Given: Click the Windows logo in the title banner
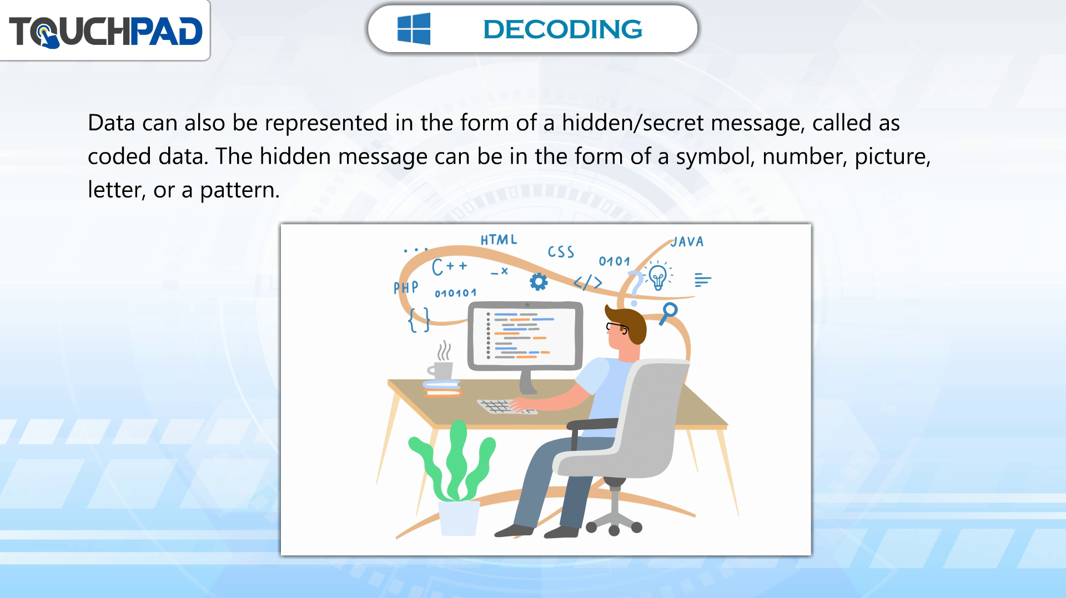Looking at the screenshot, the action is pyautogui.click(x=414, y=28).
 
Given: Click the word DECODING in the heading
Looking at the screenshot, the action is pyautogui.click(x=562, y=29).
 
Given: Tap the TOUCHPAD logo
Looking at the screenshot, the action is pyautogui.click(x=105, y=31).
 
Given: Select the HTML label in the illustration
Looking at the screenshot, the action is pyautogui.click(x=499, y=240).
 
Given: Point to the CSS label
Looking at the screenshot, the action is pyautogui.click(x=561, y=252).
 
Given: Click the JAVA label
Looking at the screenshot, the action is pyautogui.click(x=687, y=241).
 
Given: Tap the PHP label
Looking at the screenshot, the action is pyautogui.click(x=406, y=287).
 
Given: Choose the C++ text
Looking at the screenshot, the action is pyautogui.click(x=449, y=267).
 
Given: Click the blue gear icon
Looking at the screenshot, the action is pyautogui.click(x=538, y=282).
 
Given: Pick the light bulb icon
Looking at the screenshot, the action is pyautogui.click(x=658, y=276).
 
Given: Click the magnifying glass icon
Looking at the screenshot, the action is pyautogui.click(x=668, y=313).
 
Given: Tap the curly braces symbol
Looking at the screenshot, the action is pyautogui.click(x=419, y=320).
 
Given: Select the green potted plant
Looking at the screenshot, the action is pyautogui.click(x=452, y=477).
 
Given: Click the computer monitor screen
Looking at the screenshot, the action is pyautogui.click(x=525, y=336).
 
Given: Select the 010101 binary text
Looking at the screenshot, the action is pyautogui.click(x=455, y=293).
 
